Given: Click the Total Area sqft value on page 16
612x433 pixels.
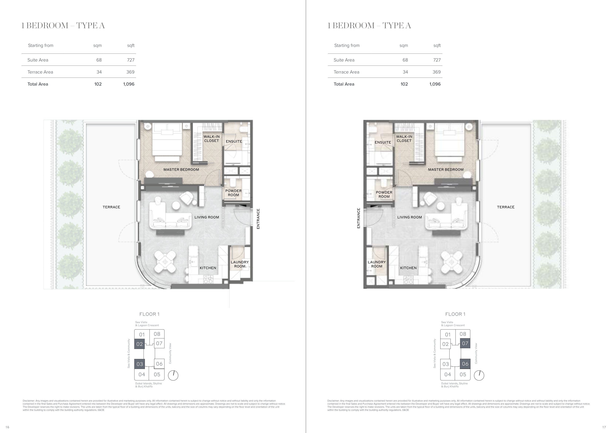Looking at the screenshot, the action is click(129, 84).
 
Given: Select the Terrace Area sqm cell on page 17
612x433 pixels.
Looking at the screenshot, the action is click(405, 72).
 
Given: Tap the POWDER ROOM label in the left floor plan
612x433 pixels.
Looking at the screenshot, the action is click(233, 193).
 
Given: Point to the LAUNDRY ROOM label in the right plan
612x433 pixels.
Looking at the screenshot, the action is click(377, 264).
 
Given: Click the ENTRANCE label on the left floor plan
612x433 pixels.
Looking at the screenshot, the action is click(258, 219).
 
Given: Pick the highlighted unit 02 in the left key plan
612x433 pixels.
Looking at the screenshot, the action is click(139, 344).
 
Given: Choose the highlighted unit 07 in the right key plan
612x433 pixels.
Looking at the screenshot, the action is click(465, 343).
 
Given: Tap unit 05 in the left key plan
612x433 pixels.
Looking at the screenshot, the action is click(157, 375).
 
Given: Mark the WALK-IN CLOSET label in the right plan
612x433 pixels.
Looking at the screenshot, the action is click(404, 139).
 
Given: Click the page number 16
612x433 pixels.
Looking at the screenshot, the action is click(7, 427).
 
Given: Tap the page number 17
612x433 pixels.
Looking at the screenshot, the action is click(604, 427).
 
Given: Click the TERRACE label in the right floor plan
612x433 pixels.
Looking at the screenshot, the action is click(506, 207).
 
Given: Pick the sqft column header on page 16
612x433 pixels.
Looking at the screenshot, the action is click(131, 46).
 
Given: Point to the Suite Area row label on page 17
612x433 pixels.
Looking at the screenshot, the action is click(344, 60).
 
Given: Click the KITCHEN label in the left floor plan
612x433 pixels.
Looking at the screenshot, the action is click(208, 268).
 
